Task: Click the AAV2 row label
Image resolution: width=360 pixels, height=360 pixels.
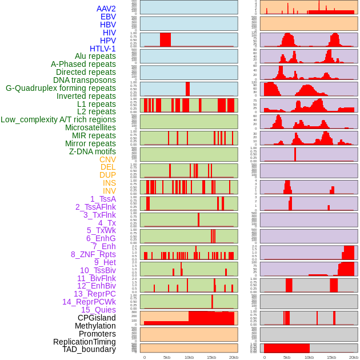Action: tap(106, 9)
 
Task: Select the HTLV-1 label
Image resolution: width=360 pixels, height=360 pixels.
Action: tap(102, 49)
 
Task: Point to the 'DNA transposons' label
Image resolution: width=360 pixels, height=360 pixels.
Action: tap(84, 80)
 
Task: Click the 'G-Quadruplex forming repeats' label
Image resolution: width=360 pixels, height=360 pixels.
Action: tap(61, 88)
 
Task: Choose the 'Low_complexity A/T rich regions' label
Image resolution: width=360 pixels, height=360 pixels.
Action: tap(58, 119)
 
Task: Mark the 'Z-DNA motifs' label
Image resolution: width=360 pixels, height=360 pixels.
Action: tap(92, 151)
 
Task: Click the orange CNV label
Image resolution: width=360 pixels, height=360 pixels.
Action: tap(107, 159)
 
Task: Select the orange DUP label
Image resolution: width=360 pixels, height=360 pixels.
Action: tap(107, 175)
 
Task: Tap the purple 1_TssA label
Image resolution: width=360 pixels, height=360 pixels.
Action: tap(103, 199)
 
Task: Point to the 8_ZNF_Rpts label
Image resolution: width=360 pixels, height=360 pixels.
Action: tap(93, 254)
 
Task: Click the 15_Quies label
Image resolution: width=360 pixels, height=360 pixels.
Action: tap(98, 310)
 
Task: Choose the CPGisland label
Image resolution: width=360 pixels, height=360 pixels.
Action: tap(97, 318)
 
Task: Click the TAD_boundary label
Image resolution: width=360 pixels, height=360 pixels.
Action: tap(89, 349)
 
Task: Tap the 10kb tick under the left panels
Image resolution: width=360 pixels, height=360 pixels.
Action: tap(189, 357)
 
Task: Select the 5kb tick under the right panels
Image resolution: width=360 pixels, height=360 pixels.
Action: tap(286, 357)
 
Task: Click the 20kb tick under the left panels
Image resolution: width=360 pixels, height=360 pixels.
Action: tap(233, 357)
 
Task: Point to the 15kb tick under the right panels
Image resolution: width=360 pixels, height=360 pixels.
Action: tap(331, 357)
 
